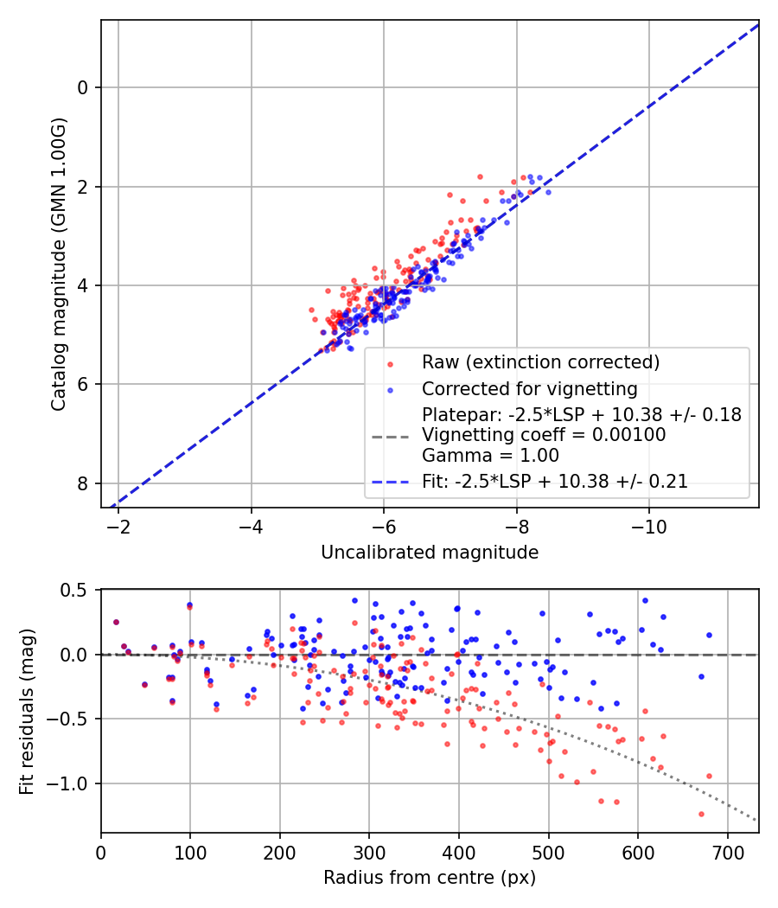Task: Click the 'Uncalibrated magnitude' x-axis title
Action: [x=430, y=553]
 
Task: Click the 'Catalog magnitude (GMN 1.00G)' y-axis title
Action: [x=59, y=263]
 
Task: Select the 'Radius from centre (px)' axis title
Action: [x=430, y=878]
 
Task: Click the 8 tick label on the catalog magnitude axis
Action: [x=84, y=483]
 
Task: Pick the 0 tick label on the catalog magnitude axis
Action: [x=84, y=87]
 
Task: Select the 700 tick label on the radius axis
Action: [x=727, y=852]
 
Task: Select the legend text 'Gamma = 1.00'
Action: [x=490, y=456]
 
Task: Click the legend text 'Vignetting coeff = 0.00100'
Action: [x=544, y=436]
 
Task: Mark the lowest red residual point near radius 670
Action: [x=701, y=814]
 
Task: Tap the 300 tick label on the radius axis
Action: [x=369, y=852]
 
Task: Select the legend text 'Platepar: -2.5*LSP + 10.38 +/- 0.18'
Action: [x=581, y=415]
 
